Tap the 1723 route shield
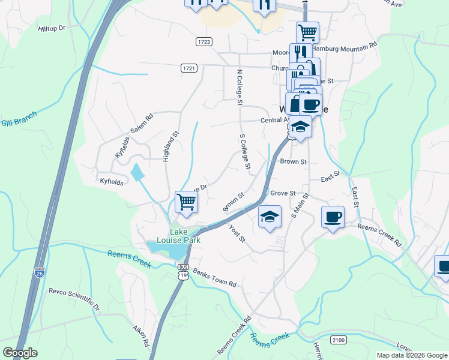[x=203, y=41]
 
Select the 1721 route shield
[x=188, y=68]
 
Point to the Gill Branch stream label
[x=19, y=118]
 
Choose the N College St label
[x=239, y=88]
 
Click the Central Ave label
[x=273, y=120]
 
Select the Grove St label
[x=283, y=193]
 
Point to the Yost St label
[x=238, y=233]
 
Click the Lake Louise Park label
[x=184, y=236]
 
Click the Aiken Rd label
[x=142, y=337]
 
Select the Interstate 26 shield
[x=40, y=274]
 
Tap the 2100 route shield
[x=339, y=340]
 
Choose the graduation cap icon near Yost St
[x=270, y=216]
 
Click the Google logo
[x=20, y=353]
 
